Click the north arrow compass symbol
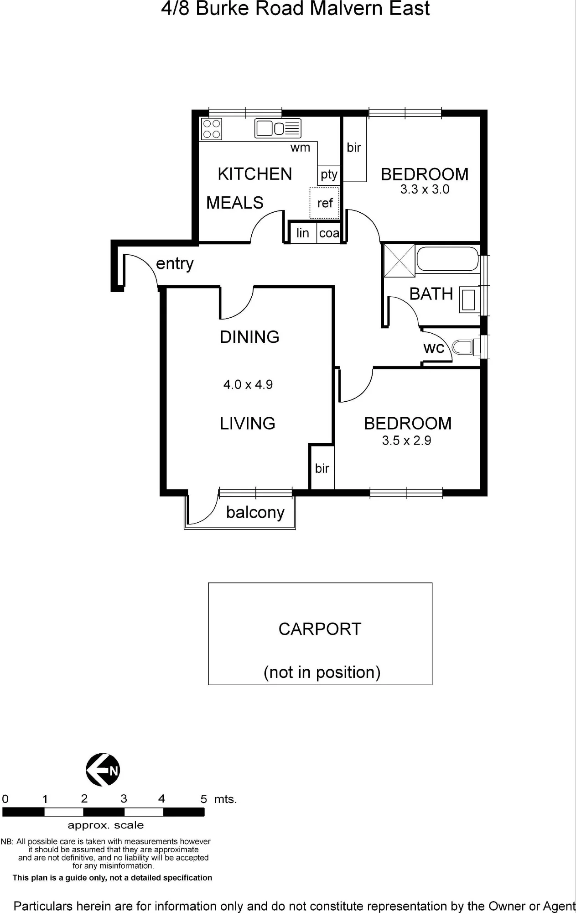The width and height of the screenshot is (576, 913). pyautogui.click(x=103, y=770)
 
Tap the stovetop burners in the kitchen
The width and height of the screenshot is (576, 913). pyautogui.click(x=212, y=129)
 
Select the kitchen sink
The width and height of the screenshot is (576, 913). pyautogui.click(x=278, y=128)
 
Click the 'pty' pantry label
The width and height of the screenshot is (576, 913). pyautogui.click(x=329, y=174)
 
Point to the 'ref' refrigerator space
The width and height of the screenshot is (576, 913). pyautogui.click(x=325, y=203)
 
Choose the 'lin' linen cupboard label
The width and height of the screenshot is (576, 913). pyautogui.click(x=303, y=233)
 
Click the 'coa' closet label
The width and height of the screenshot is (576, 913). pyautogui.click(x=329, y=233)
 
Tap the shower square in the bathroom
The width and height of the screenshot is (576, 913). pyautogui.click(x=400, y=261)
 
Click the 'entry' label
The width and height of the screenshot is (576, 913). pyautogui.click(x=175, y=264)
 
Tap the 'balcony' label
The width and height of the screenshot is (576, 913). pyautogui.click(x=255, y=512)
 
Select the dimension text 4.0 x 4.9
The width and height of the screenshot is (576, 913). pyautogui.click(x=248, y=384)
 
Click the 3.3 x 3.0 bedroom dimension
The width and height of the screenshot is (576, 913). pyautogui.click(x=425, y=189)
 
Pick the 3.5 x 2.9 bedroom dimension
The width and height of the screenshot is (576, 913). pyautogui.click(x=406, y=441)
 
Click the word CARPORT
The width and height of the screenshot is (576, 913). pyautogui.click(x=320, y=629)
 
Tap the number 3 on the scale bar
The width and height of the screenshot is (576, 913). pyautogui.click(x=124, y=798)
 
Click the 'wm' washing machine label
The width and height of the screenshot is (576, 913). pyautogui.click(x=300, y=147)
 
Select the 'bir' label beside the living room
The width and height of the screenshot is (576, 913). pyautogui.click(x=322, y=468)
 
